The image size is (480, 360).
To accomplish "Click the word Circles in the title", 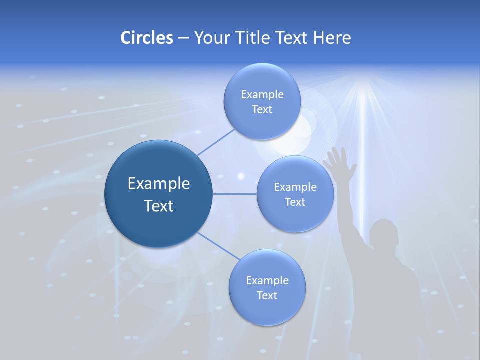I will click(147, 38).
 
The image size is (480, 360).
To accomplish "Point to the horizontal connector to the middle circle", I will click(234, 194).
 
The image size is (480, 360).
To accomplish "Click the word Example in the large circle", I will click(158, 183).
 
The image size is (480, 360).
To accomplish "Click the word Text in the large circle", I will click(158, 206).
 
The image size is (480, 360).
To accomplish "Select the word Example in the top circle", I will click(262, 94).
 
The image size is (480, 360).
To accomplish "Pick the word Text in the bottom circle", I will click(267, 295).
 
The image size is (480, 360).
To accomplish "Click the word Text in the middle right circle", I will click(295, 202).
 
